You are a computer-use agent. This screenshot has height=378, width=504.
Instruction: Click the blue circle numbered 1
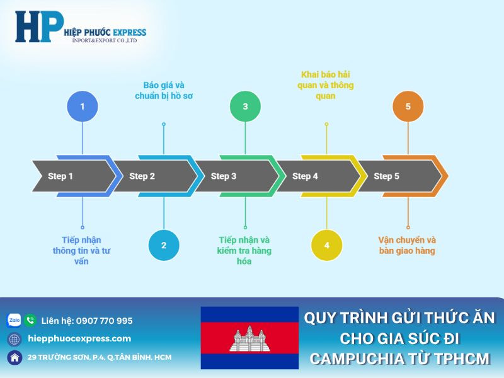pos(82,106)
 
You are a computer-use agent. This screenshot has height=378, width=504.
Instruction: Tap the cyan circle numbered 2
pos(164,245)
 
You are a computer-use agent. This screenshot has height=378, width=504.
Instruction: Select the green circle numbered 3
pos(245,106)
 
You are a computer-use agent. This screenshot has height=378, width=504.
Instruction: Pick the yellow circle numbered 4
pos(326,245)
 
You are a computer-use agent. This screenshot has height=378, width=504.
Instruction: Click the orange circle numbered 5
pos(408,106)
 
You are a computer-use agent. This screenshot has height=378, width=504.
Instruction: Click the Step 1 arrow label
pos(61,176)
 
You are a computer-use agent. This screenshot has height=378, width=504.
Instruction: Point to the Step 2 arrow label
pos(142,176)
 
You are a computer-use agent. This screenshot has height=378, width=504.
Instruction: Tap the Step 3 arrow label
pos(224,176)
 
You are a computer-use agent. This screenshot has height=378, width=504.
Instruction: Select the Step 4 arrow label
pos(306,176)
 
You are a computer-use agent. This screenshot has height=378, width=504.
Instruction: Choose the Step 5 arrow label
pos(387,176)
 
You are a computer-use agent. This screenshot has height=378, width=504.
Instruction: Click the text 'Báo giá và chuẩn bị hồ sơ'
pos(164,91)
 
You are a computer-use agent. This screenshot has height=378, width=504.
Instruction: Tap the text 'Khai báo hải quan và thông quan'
pos(326,86)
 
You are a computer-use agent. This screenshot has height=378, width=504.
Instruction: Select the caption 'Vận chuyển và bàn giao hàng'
pos(407,245)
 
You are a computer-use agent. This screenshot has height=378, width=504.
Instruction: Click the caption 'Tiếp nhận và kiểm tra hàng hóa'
pos(244,250)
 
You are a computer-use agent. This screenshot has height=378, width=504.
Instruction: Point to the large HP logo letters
pos(39,26)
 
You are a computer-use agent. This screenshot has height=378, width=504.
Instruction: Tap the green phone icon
pos(30,320)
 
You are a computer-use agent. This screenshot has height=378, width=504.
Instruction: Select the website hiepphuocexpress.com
pos(79,338)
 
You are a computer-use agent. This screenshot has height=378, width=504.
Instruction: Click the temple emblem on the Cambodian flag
pos(249,338)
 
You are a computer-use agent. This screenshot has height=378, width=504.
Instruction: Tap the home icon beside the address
pos(14,357)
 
